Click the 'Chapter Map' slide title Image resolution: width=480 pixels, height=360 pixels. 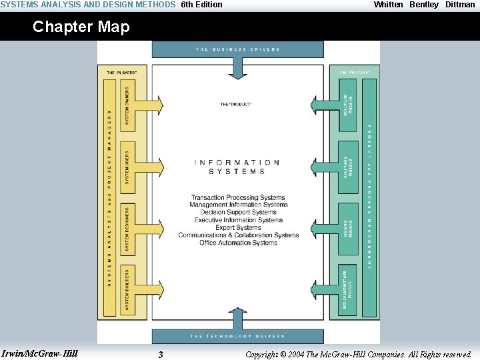pos(81,27)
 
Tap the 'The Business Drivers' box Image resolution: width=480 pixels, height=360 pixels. pos(238,49)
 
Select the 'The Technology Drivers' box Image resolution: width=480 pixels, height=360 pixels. pos(238,336)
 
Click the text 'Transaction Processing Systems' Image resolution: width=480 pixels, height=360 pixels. pos(238,198)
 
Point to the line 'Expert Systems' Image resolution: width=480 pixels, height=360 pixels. pos(238,227)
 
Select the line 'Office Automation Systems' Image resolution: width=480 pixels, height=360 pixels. pos(238,243)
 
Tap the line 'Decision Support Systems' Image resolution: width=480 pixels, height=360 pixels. pos(238,213)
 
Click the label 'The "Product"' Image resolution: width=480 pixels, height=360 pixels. pos(236,105)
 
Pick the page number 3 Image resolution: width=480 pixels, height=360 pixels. pos(160,355)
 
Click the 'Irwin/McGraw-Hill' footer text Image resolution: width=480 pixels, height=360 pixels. pos(40,353)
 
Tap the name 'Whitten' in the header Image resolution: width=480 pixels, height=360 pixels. pos(389,5)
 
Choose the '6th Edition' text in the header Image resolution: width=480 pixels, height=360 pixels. pos(202,5)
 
